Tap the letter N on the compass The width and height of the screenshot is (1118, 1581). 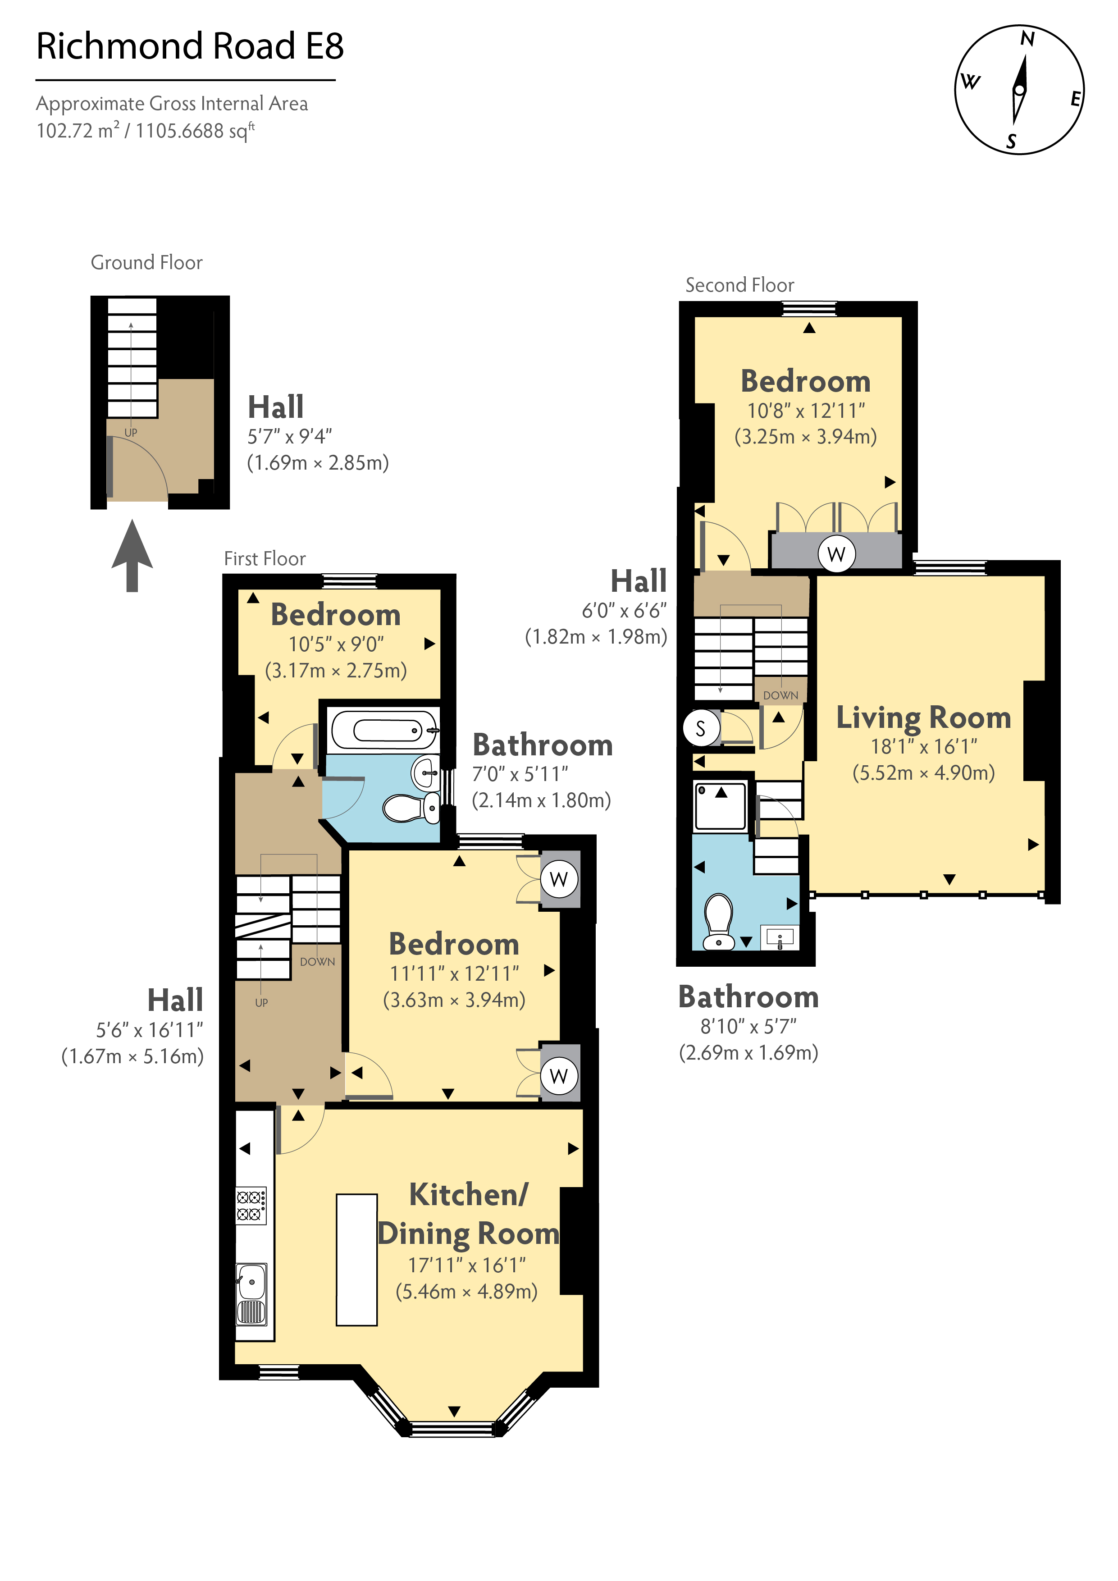[1027, 39]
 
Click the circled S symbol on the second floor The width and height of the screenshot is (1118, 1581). [701, 728]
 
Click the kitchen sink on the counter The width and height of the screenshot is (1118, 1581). [251, 1294]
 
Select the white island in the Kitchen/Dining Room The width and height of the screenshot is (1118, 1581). [356, 1259]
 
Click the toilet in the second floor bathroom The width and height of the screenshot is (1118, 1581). [719, 921]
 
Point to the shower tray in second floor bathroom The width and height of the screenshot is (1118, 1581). [720, 806]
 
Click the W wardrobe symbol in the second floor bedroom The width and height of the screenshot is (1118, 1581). [836, 553]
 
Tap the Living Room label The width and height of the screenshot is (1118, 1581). [923, 717]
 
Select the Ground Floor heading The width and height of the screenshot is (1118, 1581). [146, 262]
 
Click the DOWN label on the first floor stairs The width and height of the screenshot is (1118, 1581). [317, 962]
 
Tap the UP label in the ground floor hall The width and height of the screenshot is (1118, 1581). [131, 433]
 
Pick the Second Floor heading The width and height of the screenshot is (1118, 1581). [739, 285]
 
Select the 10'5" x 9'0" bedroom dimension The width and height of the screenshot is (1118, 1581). [336, 644]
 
